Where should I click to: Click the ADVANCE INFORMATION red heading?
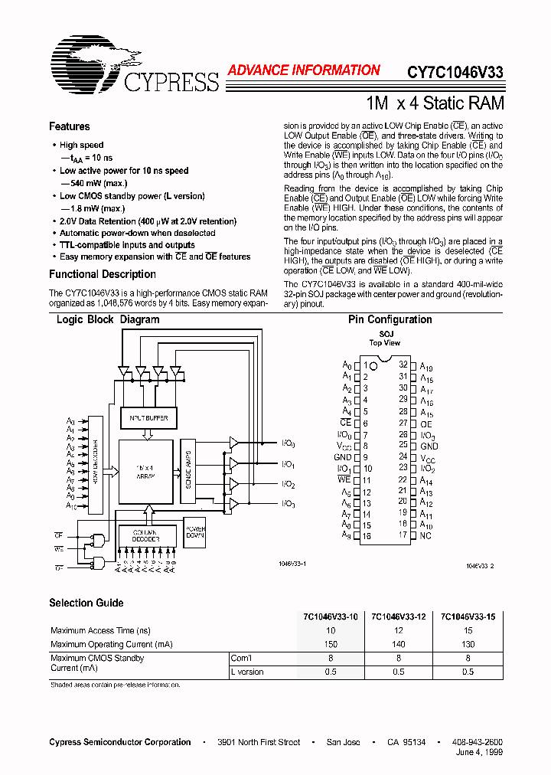point(304,70)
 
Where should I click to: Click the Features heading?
point(69,126)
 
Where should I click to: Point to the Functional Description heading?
point(103,274)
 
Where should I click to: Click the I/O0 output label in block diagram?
point(288,444)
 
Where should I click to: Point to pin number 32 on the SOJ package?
point(403,365)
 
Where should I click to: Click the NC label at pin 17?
point(426,535)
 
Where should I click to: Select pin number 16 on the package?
point(366,537)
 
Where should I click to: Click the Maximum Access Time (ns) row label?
point(100,630)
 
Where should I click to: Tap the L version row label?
point(247,672)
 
